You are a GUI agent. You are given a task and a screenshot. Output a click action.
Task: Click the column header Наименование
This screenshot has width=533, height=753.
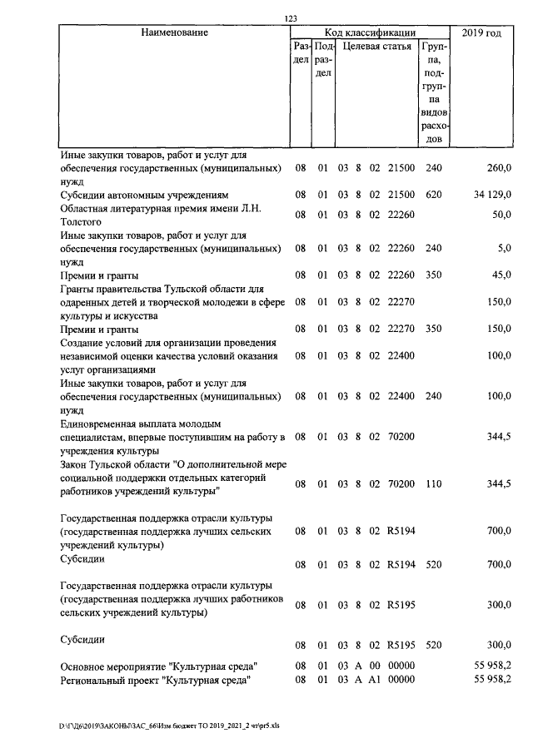[173, 33]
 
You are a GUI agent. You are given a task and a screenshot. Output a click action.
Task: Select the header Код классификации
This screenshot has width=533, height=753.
[370, 33]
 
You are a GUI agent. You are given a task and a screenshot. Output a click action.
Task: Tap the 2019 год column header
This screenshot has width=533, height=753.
[481, 33]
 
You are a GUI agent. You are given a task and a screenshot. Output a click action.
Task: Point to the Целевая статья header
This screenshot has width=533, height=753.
[376, 47]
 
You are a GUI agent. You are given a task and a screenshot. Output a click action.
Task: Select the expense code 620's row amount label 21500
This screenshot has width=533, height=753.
[401, 195]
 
